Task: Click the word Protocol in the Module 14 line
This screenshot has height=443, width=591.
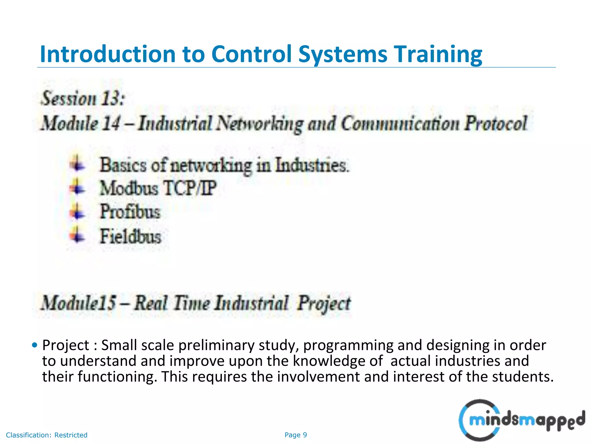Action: pyautogui.click(x=496, y=123)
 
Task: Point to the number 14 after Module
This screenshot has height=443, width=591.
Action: pyautogui.click(x=111, y=123)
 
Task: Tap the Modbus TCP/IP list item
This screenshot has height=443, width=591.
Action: pyautogui.click(x=158, y=188)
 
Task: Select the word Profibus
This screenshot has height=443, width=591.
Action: pyautogui.click(x=130, y=211)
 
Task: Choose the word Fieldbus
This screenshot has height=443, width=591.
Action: pyautogui.click(x=130, y=236)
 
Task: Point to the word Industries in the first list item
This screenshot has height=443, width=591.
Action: pyautogui.click(x=312, y=166)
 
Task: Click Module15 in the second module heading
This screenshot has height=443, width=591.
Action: pyautogui.click(x=78, y=303)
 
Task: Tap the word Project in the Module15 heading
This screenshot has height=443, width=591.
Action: pyautogui.click(x=324, y=303)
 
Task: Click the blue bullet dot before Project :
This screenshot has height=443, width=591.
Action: pyautogui.click(x=35, y=345)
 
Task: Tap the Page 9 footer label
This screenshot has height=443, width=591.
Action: pyautogui.click(x=295, y=435)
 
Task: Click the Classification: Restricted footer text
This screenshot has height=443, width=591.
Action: pyautogui.click(x=46, y=435)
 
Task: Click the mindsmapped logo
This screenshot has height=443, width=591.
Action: pyautogui.click(x=522, y=420)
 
